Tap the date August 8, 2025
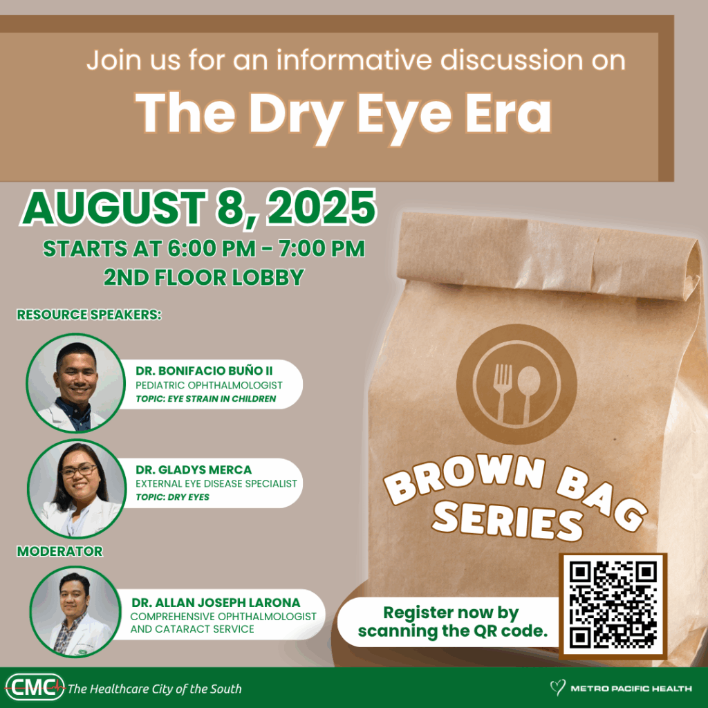coord(199,208)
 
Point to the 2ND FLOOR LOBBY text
coord(203,277)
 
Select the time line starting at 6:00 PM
coord(203,249)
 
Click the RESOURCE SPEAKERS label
coord(88,315)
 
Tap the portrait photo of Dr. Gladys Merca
coord(76,488)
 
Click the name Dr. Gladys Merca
coord(194,470)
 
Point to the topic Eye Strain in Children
coord(205,399)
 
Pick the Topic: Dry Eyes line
coord(172,497)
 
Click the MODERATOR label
coord(59,551)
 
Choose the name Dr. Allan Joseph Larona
coord(216,603)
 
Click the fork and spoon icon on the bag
coord(516,384)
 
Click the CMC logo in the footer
coord(34,687)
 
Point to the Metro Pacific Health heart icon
coord(557,688)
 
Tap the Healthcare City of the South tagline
coord(155,689)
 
